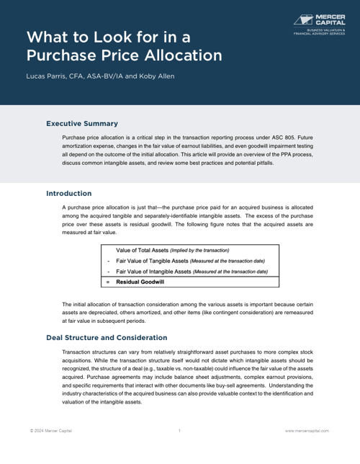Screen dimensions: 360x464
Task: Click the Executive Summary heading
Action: pyautogui.click(x=81, y=123)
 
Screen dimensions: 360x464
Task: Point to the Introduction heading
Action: pyautogui.click(x=68, y=193)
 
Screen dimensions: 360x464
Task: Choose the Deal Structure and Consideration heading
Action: pyautogui.click(x=107, y=337)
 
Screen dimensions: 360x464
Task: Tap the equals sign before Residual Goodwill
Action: pyautogui.click(x=108, y=282)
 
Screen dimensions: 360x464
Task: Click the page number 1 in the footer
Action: pyautogui.click(x=179, y=430)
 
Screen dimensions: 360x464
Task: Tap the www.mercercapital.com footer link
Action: pyautogui.click(x=307, y=430)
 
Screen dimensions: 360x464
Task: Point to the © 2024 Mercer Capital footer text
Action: pyautogui.click(x=50, y=430)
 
